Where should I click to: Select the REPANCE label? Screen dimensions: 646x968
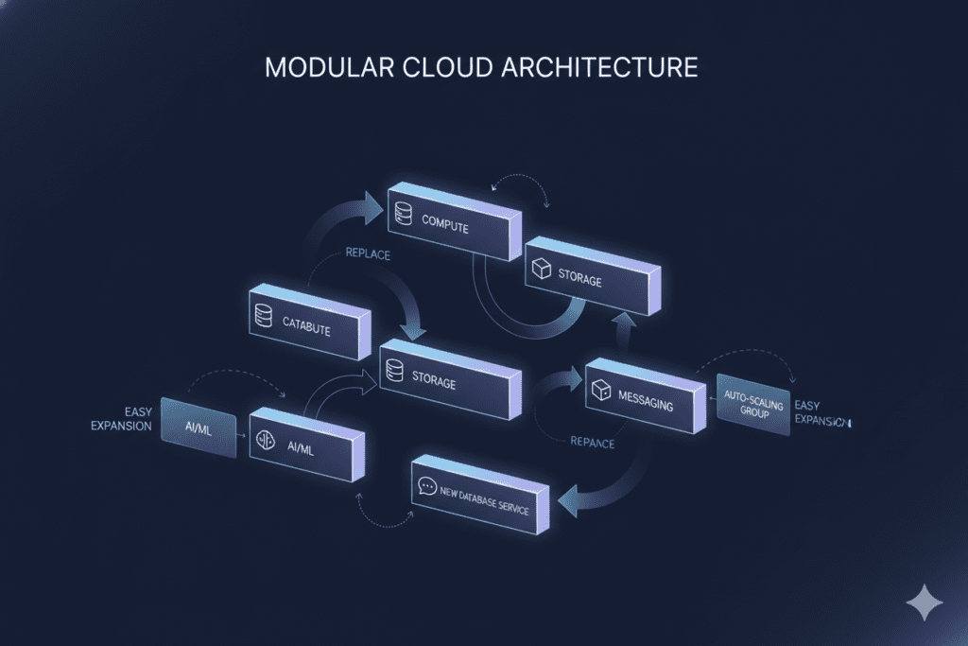pyautogui.click(x=593, y=443)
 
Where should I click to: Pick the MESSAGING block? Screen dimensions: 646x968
pyautogui.click(x=645, y=397)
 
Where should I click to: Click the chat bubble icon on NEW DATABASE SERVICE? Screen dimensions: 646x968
pyautogui.click(x=426, y=488)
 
